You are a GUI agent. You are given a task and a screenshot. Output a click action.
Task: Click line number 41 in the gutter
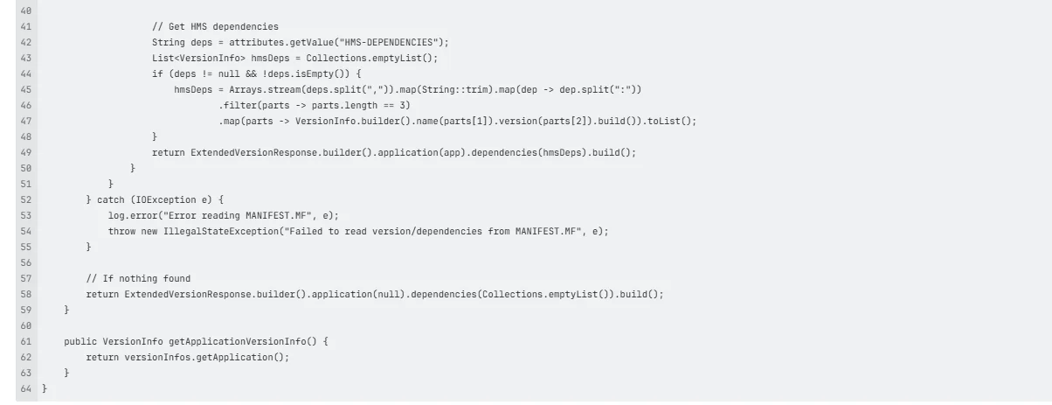[26, 27]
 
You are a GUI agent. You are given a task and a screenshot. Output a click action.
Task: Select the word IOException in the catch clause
[166, 200]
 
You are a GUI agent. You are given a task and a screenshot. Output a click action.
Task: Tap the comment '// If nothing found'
[138, 278]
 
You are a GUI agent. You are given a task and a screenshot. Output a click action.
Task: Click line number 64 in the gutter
[26, 389]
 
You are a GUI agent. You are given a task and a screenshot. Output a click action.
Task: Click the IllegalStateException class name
[221, 232]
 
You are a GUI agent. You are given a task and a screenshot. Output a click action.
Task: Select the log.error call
[223, 215]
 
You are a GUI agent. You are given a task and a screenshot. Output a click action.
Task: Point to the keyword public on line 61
[80, 341]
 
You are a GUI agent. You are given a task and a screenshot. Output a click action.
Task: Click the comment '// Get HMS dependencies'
[215, 27]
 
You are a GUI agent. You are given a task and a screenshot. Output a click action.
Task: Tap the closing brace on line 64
[45, 389]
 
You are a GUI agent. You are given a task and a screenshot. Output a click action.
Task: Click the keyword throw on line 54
[121, 232]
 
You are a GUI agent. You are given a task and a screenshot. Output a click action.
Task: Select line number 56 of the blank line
[26, 263]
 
